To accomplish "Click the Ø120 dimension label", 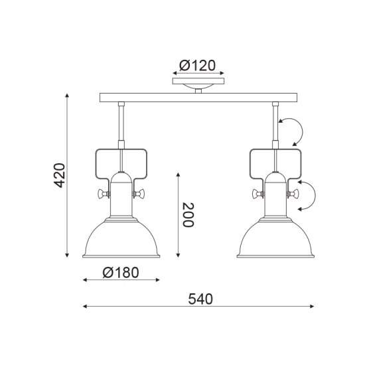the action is click(x=197, y=66).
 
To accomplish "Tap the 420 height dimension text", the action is click(x=59, y=175).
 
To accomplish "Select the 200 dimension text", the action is click(x=188, y=215).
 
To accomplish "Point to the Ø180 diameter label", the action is click(x=121, y=272).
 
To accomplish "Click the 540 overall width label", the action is click(x=200, y=299).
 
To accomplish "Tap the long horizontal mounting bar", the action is click(x=198, y=98).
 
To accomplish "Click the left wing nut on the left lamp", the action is click(x=103, y=194).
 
